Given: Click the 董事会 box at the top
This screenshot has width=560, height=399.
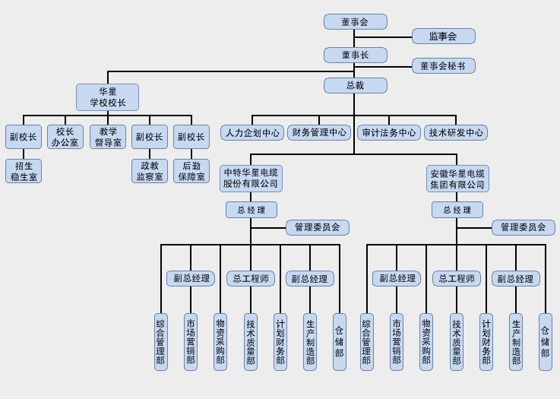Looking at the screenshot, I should (x=355, y=22).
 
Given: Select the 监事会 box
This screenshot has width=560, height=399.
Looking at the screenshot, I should (x=443, y=36).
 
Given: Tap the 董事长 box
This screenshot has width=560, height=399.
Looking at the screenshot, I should (x=355, y=55).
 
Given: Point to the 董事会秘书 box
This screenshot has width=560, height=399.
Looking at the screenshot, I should (x=443, y=66).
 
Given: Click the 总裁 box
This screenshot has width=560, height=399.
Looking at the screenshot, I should (x=355, y=85).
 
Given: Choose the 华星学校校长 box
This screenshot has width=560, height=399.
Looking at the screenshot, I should (x=107, y=97).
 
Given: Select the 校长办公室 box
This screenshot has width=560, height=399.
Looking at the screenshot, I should (x=65, y=137).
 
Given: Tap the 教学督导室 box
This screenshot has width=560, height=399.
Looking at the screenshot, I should (x=108, y=137).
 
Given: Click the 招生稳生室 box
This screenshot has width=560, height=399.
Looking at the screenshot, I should (x=24, y=171).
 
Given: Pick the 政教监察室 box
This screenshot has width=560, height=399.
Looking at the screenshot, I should (x=150, y=171).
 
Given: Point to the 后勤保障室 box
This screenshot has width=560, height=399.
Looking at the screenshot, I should (x=191, y=171).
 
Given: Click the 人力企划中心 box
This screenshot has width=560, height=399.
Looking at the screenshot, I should (x=252, y=133).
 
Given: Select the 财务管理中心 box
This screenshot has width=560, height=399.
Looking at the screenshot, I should (x=319, y=133).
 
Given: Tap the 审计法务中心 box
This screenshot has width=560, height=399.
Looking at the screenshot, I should (x=389, y=133).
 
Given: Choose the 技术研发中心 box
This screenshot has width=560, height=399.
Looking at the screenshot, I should (x=456, y=133).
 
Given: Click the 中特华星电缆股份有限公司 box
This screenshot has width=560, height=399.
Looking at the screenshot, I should (x=251, y=179).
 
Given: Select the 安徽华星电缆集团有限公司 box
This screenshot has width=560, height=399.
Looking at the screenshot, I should (x=457, y=179).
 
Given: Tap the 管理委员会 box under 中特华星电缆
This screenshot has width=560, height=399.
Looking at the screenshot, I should (x=318, y=227).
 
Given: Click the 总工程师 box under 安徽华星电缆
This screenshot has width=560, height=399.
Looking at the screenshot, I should (x=457, y=279).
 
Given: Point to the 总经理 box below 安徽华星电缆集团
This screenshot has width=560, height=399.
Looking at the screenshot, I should (x=457, y=210).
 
